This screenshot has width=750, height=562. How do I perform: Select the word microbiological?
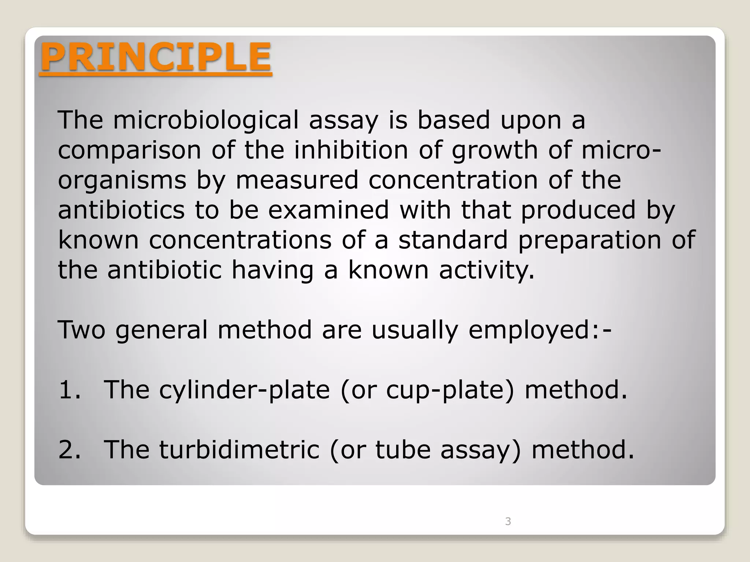pyautogui.click(x=206, y=120)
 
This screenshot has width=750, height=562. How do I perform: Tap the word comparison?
pyautogui.click(x=129, y=150)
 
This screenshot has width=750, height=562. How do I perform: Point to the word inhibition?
pyautogui.click(x=351, y=150)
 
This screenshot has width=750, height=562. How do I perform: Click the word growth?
pyautogui.click(x=494, y=150)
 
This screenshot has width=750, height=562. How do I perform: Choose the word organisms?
pyautogui.click(x=122, y=180)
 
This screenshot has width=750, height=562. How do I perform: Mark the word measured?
pyautogui.click(x=297, y=180)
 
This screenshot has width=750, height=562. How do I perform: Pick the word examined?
pyautogui.click(x=328, y=210)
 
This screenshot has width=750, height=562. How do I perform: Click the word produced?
pyautogui.click(x=578, y=210)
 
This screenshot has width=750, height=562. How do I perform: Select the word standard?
pyautogui.click(x=453, y=240)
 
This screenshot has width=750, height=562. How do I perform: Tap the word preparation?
pyautogui.click(x=590, y=240)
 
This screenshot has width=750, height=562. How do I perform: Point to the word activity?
pyautogui.click(x=486, y=270)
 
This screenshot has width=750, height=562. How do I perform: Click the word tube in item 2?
pyautogui.click(x=403, y=450)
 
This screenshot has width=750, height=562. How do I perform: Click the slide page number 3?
pyautogui.click(x=508, y=521)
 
